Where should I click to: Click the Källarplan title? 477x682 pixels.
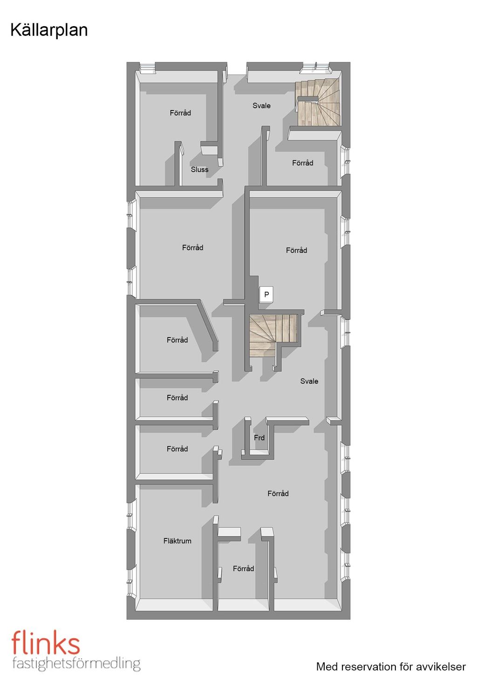[x=49, y=30]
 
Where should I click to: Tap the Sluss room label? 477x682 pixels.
[x=199, y=170]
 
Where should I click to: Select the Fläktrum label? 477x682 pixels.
[x=177, y=541]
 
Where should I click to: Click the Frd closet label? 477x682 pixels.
[x=259, y=438]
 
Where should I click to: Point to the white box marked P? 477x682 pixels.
[x=266, y=295]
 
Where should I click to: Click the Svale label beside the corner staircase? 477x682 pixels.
[x=261, y=106]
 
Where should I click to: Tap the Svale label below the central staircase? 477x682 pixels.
[x=309, y=381]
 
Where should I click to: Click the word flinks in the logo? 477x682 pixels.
[x=46, y=642]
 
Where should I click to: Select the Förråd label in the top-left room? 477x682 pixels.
[x=180, y=113]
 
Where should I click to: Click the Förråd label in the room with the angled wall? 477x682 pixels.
[x=177, y=340]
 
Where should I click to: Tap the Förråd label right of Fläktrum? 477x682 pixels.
[x=243, y=568]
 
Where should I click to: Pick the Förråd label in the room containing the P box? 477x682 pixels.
[x=297, y=250]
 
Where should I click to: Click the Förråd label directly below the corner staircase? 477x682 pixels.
[x=303, y=163]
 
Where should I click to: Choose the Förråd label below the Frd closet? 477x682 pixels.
[x=278, y=494]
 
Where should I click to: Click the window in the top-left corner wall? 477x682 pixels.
[x=147, y=68]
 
